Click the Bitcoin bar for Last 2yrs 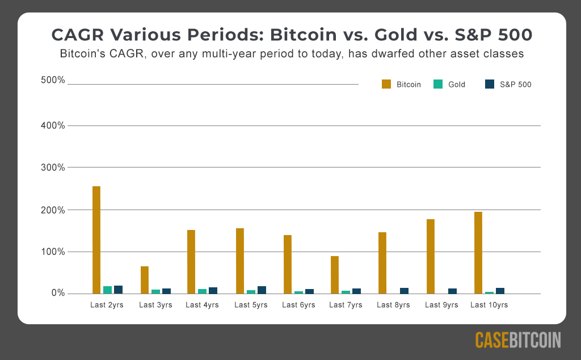pyautogui.click(x=96, y=240)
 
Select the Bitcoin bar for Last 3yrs pyautogui.click(x=145, y=280)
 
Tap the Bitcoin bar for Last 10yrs pyautogui.click(x=478, y=253)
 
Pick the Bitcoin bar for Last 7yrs pyautogui.click(x=335, y=275)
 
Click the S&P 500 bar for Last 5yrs pyautogui.click(x=262, y=290)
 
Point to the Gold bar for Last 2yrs pyautogui.click(x=107, y=290)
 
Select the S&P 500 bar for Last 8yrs pyautogui.click(x=404, y=291)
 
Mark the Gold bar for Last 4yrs pyautogui.click(x=203, y=291)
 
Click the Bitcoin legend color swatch pyautogui.click(x=386, y=84)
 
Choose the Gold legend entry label pyautogui.click(x=457, y=85)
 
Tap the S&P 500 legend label pyautogui.click(x=515, y=85)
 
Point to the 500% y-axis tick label pyautogui.click(x=53, y=80)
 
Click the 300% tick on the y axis pyautogui.click(x=53, y=168)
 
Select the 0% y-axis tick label pyautogui.click(x=58, y=293)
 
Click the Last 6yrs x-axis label pyautogui.click(x=298, y=305)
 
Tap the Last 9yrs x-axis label pyautogui.click(x=441, y=305)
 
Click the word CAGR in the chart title pyautogui.click(x=78, y=35)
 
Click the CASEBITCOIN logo pyautogui.click(x=518, y=340)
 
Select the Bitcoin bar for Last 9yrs pyautogui.click(x=431, y=257)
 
